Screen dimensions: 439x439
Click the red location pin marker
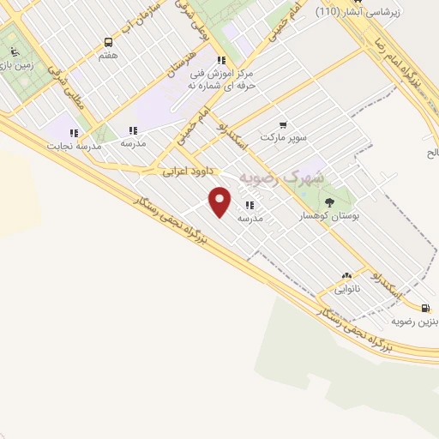coord(220,201)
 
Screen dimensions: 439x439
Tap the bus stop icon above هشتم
coord(108,42)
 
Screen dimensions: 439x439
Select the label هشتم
coord(108,54)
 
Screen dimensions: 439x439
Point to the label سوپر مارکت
coord(284,138)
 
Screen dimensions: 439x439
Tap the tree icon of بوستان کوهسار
coord(330,203)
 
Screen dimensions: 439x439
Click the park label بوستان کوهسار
coord(329,217)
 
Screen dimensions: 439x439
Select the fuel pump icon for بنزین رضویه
coord(426,309)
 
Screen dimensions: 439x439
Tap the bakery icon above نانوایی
coord(346,276)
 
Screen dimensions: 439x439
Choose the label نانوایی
coord(346,289)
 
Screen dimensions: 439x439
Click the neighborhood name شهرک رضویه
coord(282,177)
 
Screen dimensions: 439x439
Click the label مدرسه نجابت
coord(77,146)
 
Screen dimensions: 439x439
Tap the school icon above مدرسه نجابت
coord(74,133)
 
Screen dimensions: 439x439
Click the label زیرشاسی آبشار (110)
coord(374,12)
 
